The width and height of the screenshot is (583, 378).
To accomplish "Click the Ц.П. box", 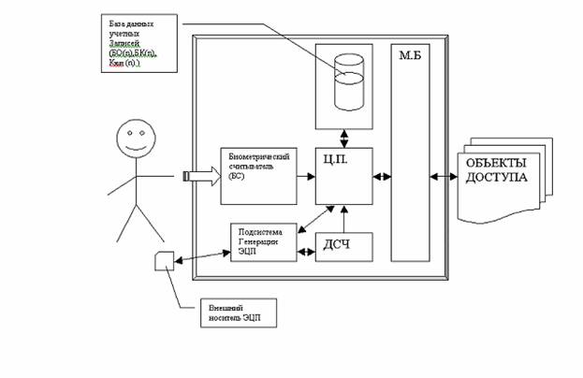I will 343,175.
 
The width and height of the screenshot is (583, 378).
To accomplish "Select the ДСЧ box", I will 343,246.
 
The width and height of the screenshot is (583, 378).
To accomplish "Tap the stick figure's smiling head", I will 135,142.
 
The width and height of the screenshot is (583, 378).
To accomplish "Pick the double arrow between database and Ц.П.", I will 345,136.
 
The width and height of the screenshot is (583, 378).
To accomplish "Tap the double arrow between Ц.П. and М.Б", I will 383,175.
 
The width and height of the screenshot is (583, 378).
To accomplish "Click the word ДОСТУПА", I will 490,177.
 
